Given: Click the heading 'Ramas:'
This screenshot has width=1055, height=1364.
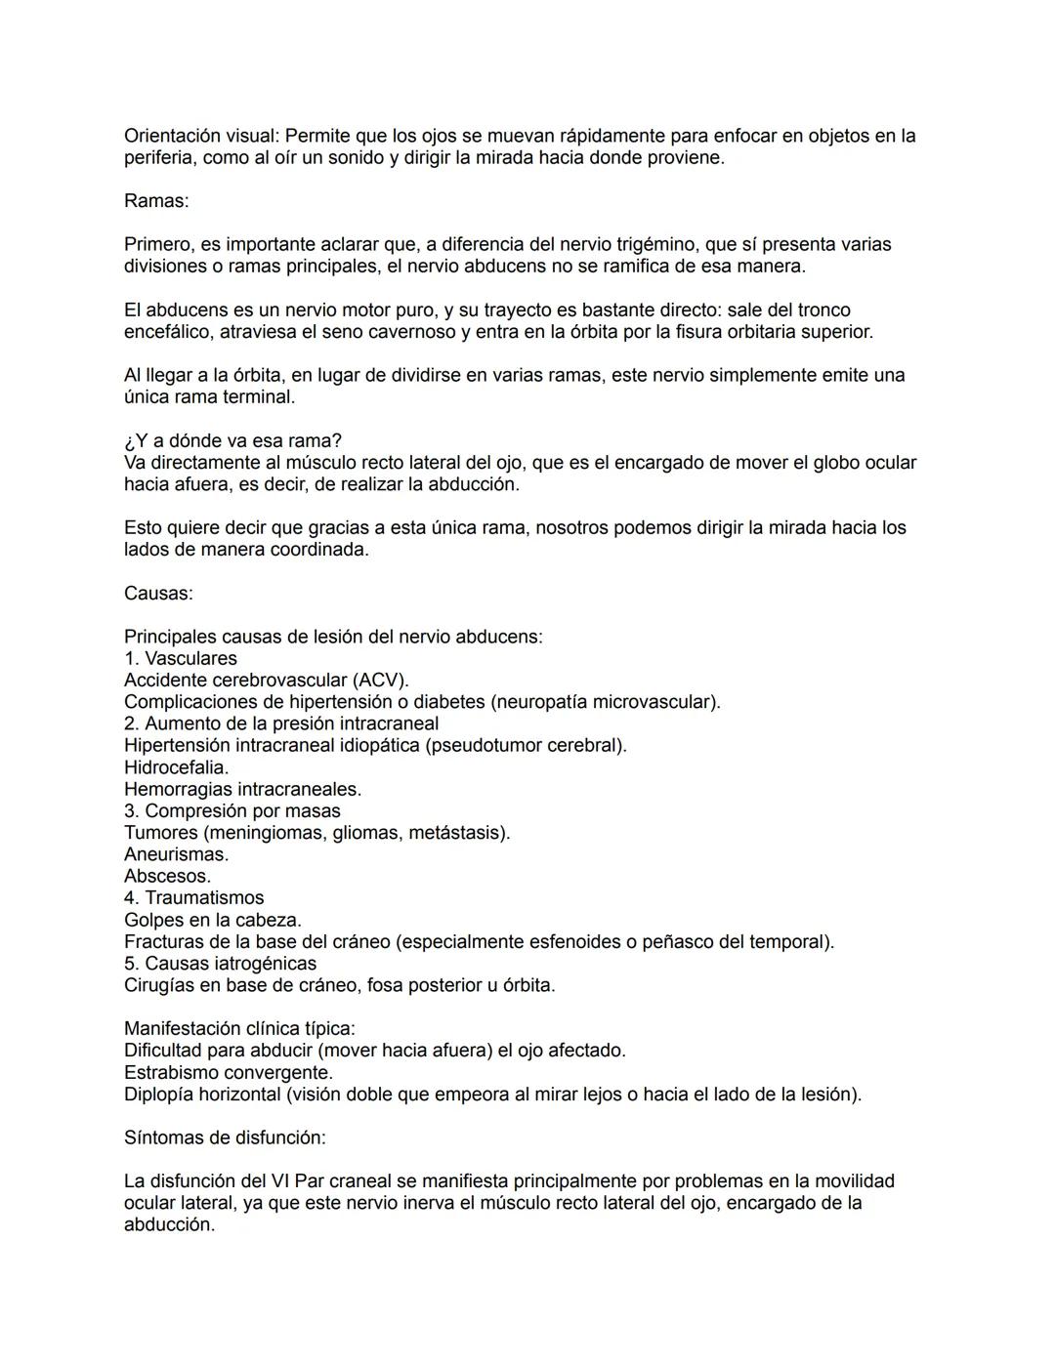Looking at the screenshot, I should (x=156, y=201).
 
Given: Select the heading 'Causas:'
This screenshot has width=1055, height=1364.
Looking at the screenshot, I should (x=158, y=593).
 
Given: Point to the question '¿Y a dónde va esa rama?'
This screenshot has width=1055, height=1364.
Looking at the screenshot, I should (x=232, y=440).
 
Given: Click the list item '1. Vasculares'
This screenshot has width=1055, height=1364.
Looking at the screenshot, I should (x=181, y=658).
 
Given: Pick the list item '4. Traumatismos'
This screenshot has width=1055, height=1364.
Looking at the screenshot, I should (x=193, y=897).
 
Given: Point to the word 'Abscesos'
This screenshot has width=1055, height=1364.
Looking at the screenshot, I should (x=166, y=876).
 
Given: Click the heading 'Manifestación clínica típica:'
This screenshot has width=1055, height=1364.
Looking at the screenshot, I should (x=239, y=1028).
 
